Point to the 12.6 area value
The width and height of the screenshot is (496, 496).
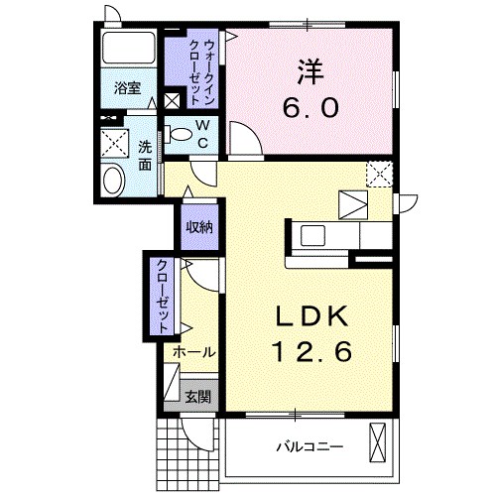(309, 350)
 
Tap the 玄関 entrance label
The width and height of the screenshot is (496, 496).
(197, 396)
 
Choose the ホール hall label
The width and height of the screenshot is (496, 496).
(193, 352)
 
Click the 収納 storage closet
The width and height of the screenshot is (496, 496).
(199, 227)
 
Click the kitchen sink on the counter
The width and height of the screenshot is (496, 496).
(319, 237)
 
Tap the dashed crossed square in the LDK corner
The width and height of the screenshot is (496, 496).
(379, 174)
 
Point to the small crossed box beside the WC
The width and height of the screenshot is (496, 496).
(173, 100)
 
